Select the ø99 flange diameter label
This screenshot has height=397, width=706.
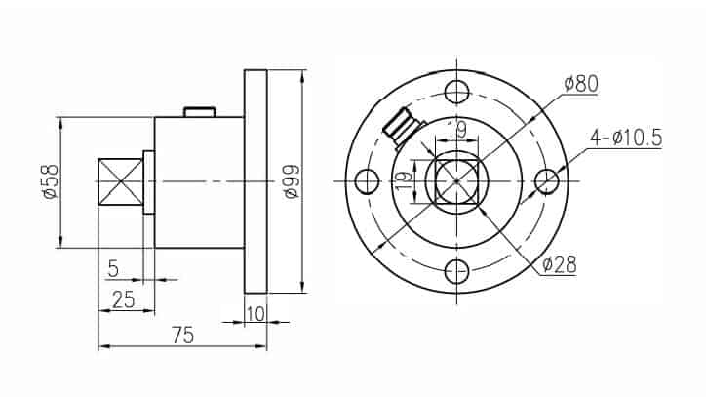(x=291, y=181)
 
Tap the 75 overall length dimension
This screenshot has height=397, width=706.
(x=182, y=335)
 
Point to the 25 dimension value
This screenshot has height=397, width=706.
(x=123, y=299)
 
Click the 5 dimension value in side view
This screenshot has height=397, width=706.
(x=113, y=266)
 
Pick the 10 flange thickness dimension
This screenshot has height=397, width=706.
(x=255, y=312)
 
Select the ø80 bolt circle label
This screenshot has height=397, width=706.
(x=579, y=84)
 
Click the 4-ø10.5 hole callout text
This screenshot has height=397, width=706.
(x=625, y=139)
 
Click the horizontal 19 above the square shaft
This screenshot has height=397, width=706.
(x=455, y=127)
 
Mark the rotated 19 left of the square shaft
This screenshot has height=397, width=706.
(x=400, y=181)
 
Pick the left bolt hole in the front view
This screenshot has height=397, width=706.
(x=367, y=182)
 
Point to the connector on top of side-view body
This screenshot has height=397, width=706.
(x=199, y=112)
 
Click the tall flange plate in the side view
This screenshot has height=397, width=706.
(x=255, y=181)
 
